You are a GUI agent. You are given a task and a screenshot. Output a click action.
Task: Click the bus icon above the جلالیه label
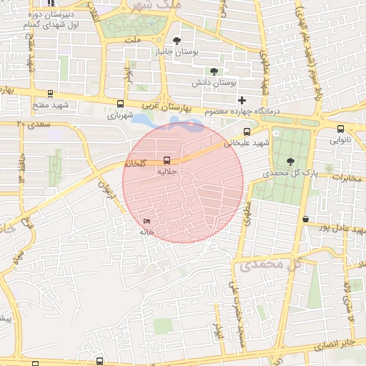pos(167,160)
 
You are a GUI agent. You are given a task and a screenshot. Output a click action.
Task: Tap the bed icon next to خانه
pos(147,221)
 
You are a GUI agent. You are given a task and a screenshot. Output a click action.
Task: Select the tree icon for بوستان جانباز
pos(177,41)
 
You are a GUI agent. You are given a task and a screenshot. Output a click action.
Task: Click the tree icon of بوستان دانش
pos(213,71)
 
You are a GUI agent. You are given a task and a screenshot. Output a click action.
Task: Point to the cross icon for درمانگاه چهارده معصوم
pos(242,100)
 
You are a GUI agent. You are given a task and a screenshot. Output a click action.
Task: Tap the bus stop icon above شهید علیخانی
pos(247,132)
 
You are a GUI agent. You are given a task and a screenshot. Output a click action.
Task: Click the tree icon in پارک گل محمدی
pos(290,161)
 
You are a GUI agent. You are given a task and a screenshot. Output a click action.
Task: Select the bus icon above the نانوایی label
pos(340,129)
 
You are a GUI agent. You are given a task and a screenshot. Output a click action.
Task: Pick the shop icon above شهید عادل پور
pos(306,219)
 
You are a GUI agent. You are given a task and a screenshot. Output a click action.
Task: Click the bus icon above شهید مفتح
pos(50,94)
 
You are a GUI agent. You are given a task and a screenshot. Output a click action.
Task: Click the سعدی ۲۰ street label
pos(29,124)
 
